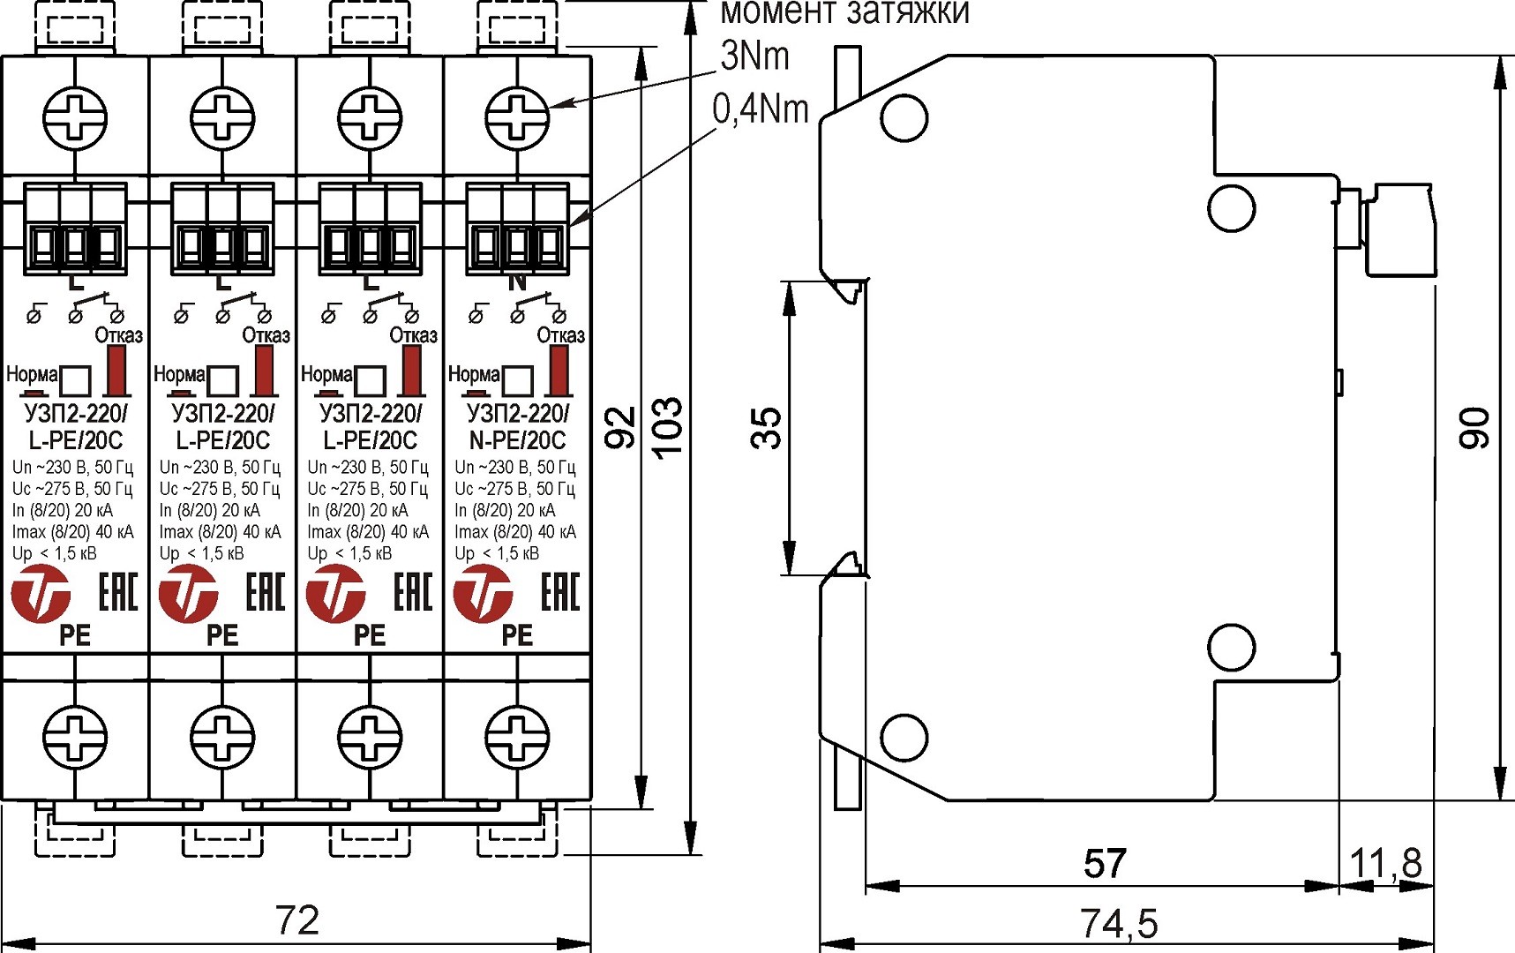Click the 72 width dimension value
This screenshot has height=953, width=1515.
[x=297, y=920]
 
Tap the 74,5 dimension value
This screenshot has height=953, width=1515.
[x=1118, y=923]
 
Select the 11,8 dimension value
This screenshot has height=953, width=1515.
[x=1386, y=863]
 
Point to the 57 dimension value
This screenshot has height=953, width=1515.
[x=1105, y=863]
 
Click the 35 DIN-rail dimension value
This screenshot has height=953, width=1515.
[x=767, y=428]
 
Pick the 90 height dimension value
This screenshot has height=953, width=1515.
[x=1474, y=428]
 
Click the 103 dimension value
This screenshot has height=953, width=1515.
[x=668, y=427]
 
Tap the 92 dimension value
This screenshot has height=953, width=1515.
[x=621, y=428]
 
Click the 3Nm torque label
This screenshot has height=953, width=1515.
[x=754, y=56]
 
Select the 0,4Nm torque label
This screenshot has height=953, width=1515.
[x=761, y=109]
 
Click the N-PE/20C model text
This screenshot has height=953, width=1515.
[x=517, y=439]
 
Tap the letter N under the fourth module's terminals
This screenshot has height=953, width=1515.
[x=517, y=282]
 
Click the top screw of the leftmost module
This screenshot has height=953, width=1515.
[x=75, y=116]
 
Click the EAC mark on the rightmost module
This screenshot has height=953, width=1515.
[x=560, y=592]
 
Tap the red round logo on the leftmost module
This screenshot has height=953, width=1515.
[x=41, y=594]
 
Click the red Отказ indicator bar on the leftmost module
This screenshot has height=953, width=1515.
[x=116, y=371]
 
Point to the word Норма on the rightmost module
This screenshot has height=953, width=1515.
[x=474, y=374]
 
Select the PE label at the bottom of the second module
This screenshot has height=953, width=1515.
[x=222, y=635]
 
